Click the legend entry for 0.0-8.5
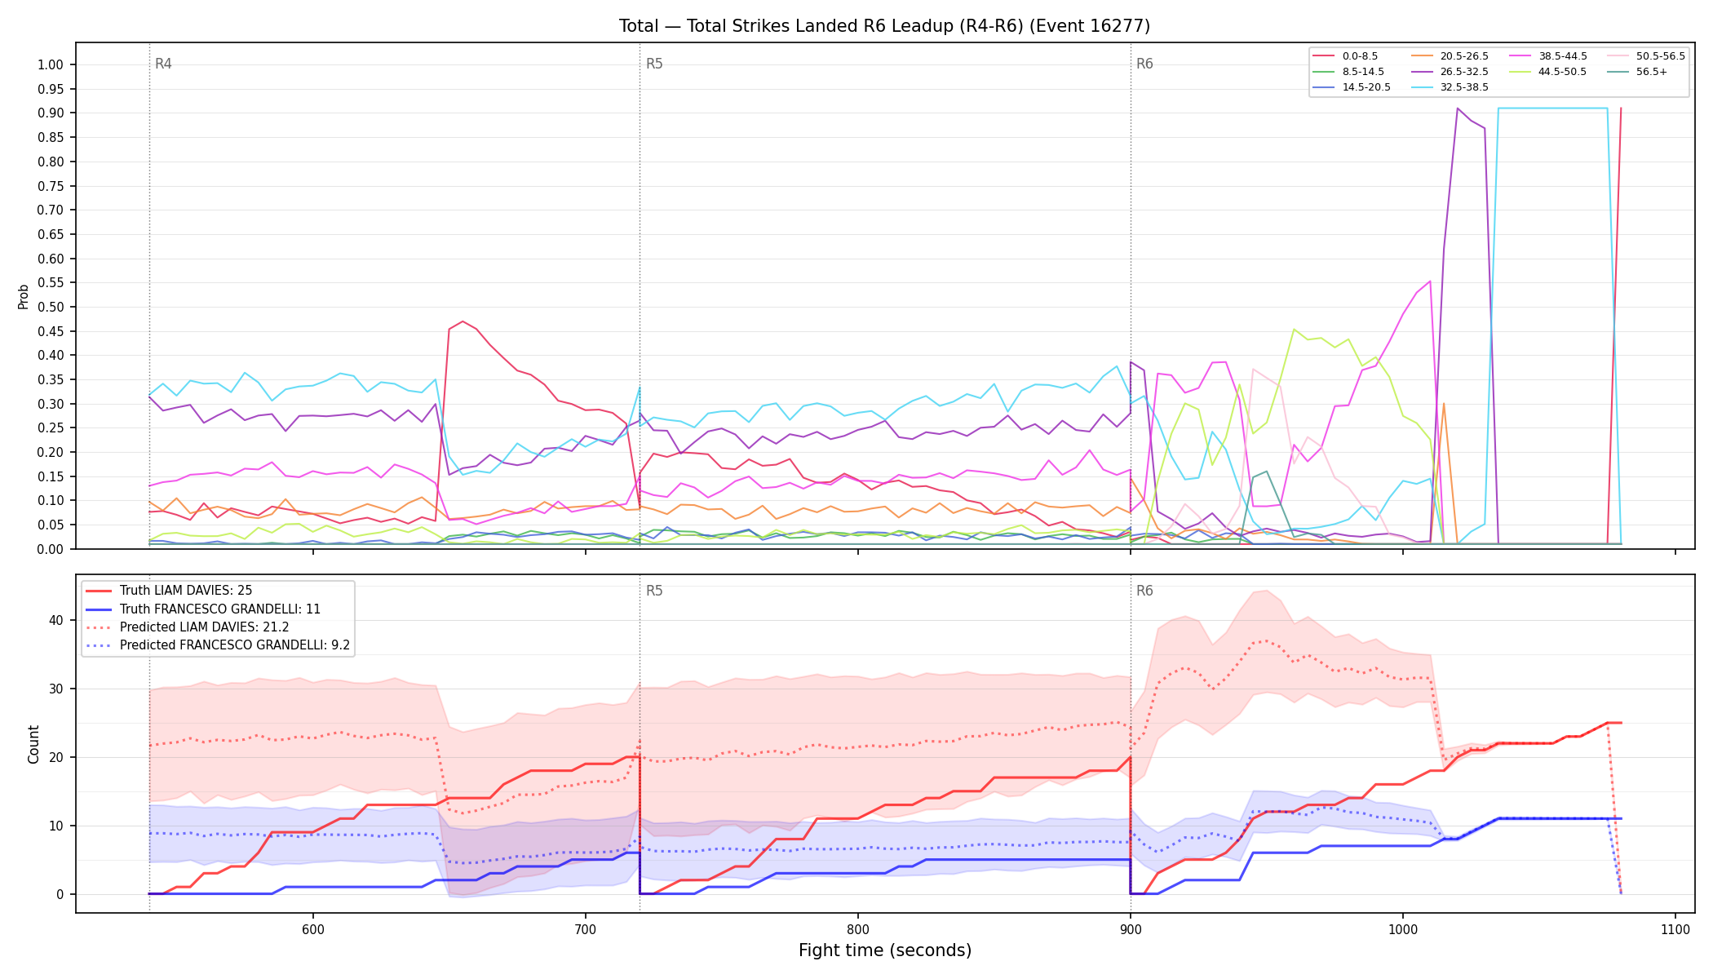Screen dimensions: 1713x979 1345,56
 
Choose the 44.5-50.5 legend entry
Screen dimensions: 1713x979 1546,72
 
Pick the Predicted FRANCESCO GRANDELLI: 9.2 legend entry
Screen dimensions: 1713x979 218,645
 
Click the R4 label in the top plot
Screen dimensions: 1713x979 163,64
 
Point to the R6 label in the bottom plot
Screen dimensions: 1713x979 1144,591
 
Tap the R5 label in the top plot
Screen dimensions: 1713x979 654,64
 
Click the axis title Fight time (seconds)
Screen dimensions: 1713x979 885,950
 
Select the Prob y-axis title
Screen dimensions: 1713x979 24,296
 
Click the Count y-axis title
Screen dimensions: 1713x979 33,744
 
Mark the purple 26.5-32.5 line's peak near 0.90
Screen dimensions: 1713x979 1458,108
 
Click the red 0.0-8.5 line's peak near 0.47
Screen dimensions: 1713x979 463,321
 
